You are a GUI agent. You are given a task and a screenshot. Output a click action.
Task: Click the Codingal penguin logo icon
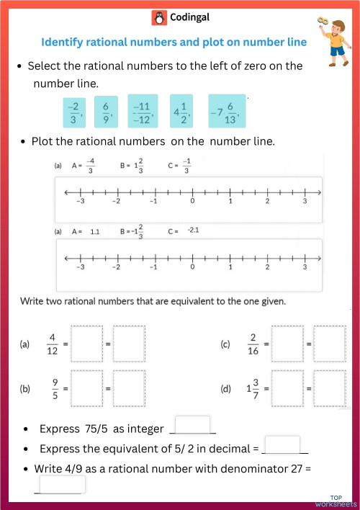click(x=158, y=17)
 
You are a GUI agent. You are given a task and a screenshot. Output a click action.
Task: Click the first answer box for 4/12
click(x=87, y=344)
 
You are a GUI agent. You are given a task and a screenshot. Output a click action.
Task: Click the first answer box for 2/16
click(x=288, y=344)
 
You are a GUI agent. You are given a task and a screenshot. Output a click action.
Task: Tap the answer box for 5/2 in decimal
click(x=282, y=445)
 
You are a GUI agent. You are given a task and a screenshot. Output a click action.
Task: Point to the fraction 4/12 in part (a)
click(x=51, y=344)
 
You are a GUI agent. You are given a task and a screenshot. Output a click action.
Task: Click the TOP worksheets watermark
click(x=336, y=501)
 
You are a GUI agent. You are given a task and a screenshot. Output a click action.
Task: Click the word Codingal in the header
click(x=188, y=17)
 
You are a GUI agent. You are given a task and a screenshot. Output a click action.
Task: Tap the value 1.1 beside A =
click(x=95, y=232)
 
